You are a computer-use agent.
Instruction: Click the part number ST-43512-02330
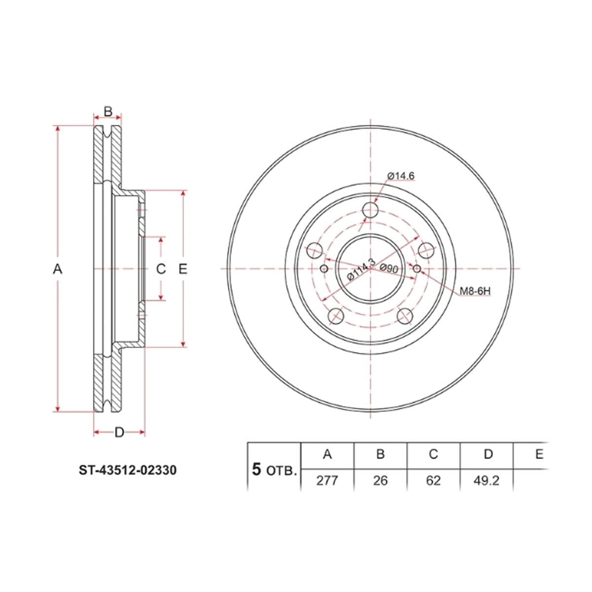pyautogui.click(x=127, y=470)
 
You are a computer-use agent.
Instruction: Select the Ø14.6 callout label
pyautogui.click(x=401, y=176)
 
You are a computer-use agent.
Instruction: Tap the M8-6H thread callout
pyautogui.click(x=475, y=291)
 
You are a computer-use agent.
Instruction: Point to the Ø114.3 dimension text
pyautogui.click(x=361, y=269)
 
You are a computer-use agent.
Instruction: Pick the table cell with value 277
pyautogui.click(x=327, y=481)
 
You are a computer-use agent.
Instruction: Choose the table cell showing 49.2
pyautogui.click(x=486, y=481)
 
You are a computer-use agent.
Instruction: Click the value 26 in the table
pyautogui.click(x=380, y=481)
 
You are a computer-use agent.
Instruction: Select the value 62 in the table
pyautogui.click(x=434, y=481)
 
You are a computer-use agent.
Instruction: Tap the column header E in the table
pyautogui.click(x=540, y=454)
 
